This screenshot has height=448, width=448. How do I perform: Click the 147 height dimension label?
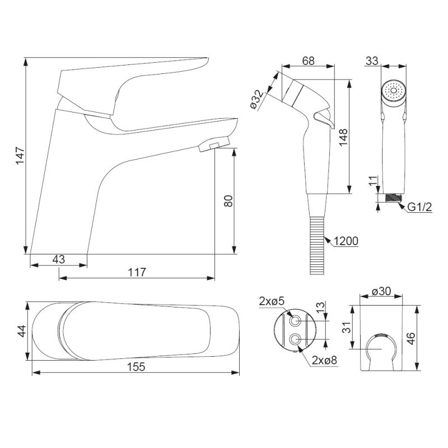20,156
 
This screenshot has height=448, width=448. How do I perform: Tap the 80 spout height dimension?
228,201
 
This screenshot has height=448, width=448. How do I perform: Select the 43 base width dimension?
59,259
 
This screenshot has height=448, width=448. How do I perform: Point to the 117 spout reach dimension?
137,272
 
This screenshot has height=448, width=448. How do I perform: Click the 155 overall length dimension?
136,367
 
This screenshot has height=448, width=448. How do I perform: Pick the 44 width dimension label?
22,331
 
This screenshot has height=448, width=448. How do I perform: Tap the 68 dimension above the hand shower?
309,61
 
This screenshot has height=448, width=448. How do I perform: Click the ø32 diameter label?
258,100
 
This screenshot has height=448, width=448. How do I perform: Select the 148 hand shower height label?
343,137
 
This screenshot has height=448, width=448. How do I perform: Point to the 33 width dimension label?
372,61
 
